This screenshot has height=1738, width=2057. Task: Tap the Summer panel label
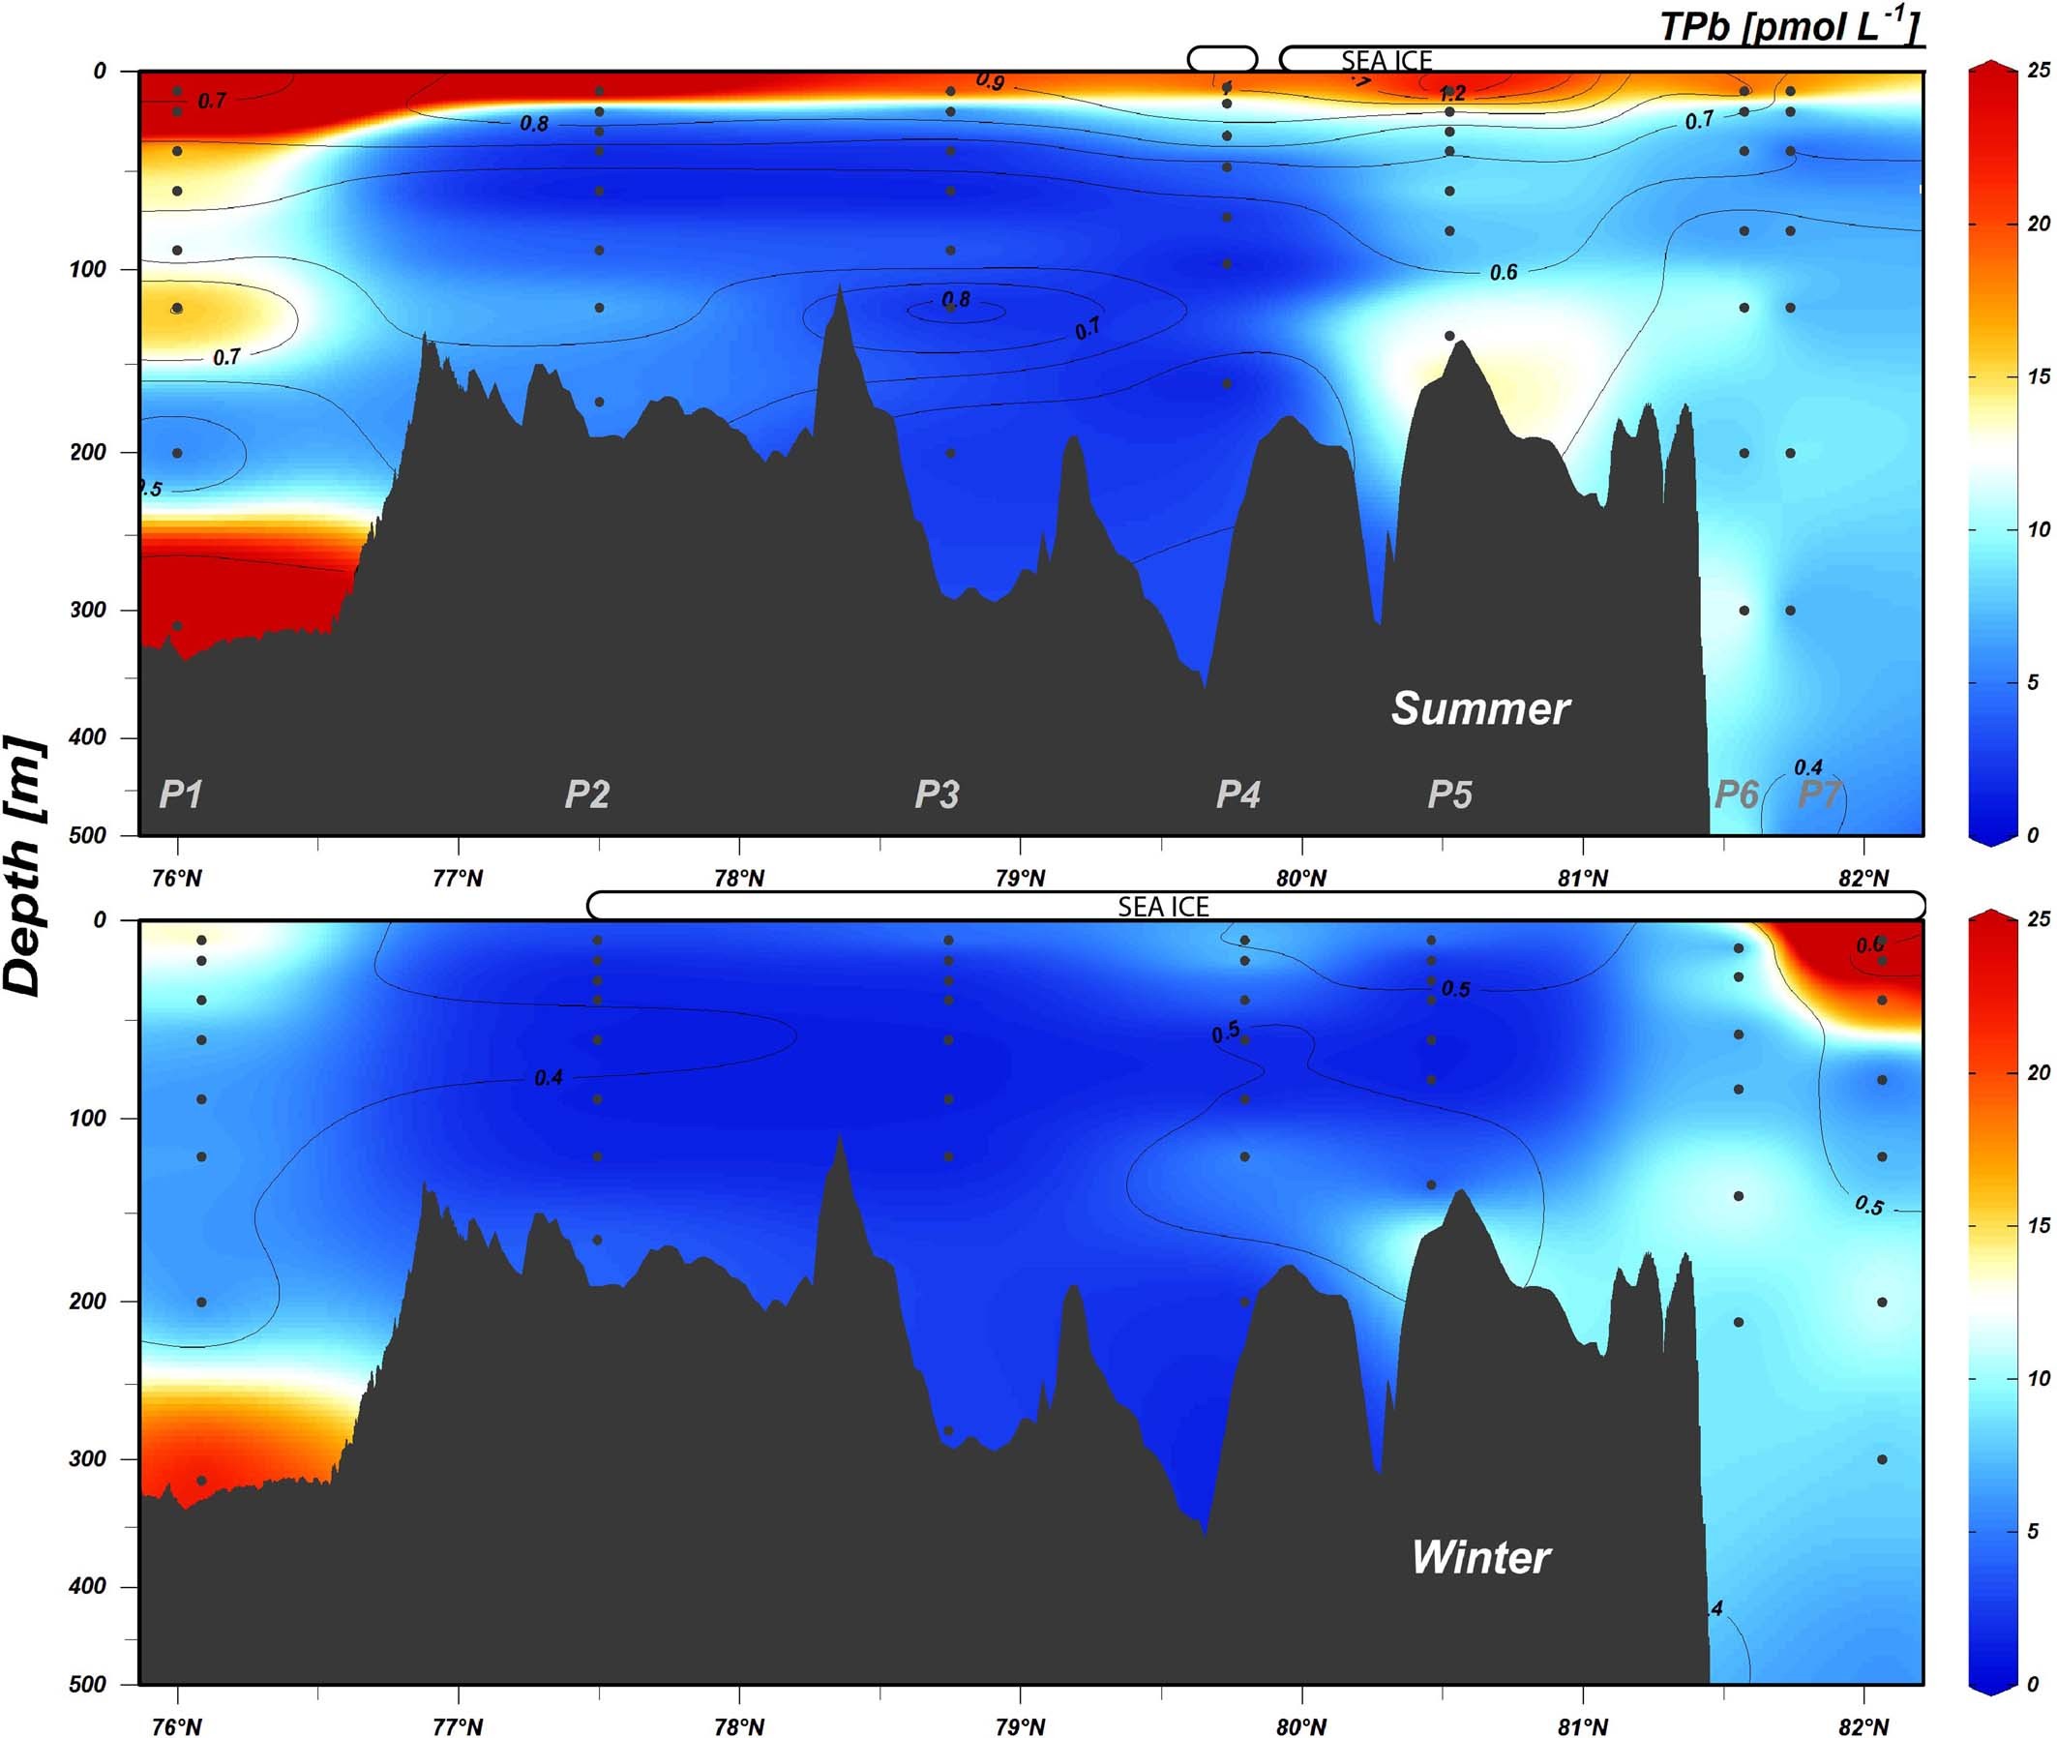pyautogui.click(x=1479, y=708)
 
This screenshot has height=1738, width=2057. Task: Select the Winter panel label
pyautogui.click(x=1480, y=1558)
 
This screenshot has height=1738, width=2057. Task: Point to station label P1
pyautogui.click(x=181, y=794)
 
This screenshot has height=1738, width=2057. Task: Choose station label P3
pyautogui.click(x=937, y=794)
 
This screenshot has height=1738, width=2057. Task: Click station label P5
pyautogui.click(x=1450, y=794)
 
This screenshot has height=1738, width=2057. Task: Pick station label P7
pyautogui.click(x=1820, y=794)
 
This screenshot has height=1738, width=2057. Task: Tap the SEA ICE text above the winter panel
pyautogui.click(x=1162, y=907)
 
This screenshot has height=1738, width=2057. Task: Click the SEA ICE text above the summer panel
pyautogui.click(x=1386, y=61)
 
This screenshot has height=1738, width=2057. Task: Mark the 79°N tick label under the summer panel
pyautogui.click(x=1020, y=878)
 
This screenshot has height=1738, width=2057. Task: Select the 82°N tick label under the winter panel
pyautogui.click(x=1863, y=1726)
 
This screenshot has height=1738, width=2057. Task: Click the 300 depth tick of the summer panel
pyautogui.click(x=88, y=610)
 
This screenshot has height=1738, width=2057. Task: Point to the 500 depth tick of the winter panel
pyautogui.click(x=88, y=1684)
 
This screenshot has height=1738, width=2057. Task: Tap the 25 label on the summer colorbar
pyautogui.click(x=2039, y=70)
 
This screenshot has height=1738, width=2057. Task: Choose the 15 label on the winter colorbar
pyautogui.click(x=2039, y=1226)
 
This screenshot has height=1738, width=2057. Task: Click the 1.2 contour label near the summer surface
pyautogui.click(x=1452, y=95)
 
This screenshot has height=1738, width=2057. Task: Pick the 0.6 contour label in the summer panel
pyautogui.click(x=1504, y=273)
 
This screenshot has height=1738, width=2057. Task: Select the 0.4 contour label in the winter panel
pyautogui.click(x=549, y=1078)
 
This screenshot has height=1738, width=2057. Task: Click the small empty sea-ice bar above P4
pyautogui.click(x=1222, y=59)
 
